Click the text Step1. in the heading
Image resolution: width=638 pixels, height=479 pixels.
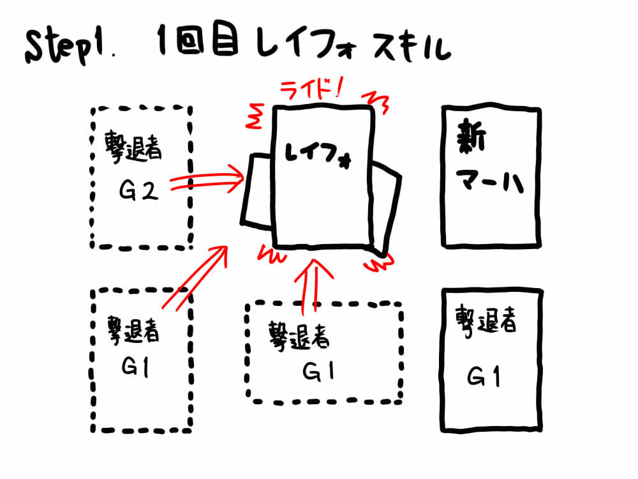tap(68, 49)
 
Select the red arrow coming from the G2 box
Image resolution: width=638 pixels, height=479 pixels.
tap(207, 181)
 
